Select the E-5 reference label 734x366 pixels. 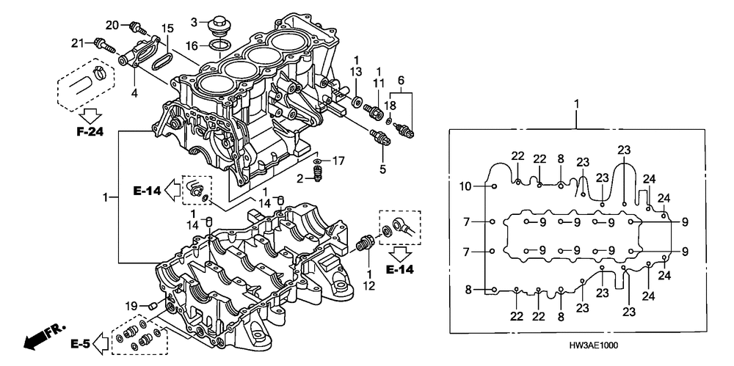coord(80,343)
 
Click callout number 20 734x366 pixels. coord(112,24)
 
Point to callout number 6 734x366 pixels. coord(401,79)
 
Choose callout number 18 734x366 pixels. coord(390,106)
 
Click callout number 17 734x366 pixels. coord(338,160)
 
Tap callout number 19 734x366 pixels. coord(131,305)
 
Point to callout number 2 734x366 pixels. coord(301,178)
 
